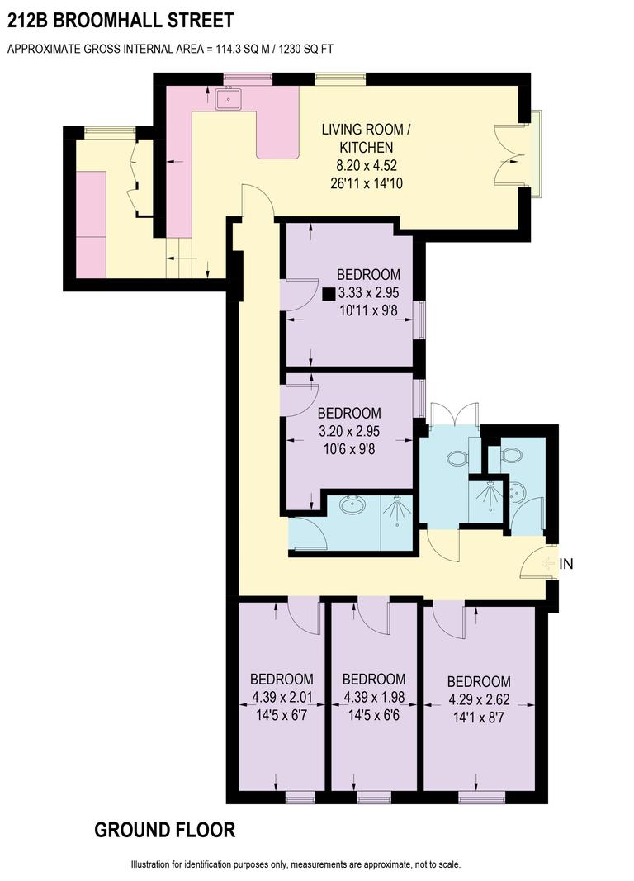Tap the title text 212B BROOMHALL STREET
[120, 20]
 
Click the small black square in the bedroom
[329, 292]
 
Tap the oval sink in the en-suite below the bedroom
[353, 505]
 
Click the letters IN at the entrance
[566, 565]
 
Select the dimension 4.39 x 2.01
[282, 698]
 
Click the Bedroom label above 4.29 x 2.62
[479, 682]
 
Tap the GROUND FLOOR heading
[165, 830]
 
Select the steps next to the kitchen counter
[181, 255]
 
